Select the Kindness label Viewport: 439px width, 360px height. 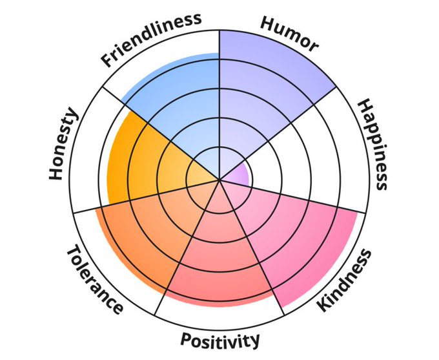pyautogui.click(x=345, y=280)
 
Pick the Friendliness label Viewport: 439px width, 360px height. pyautogui.click(x=151, y=39)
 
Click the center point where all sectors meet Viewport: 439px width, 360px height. pyautogui.click(x=220, y=180)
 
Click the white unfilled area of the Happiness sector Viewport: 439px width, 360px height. pyautogui.click(x=310, y=149)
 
